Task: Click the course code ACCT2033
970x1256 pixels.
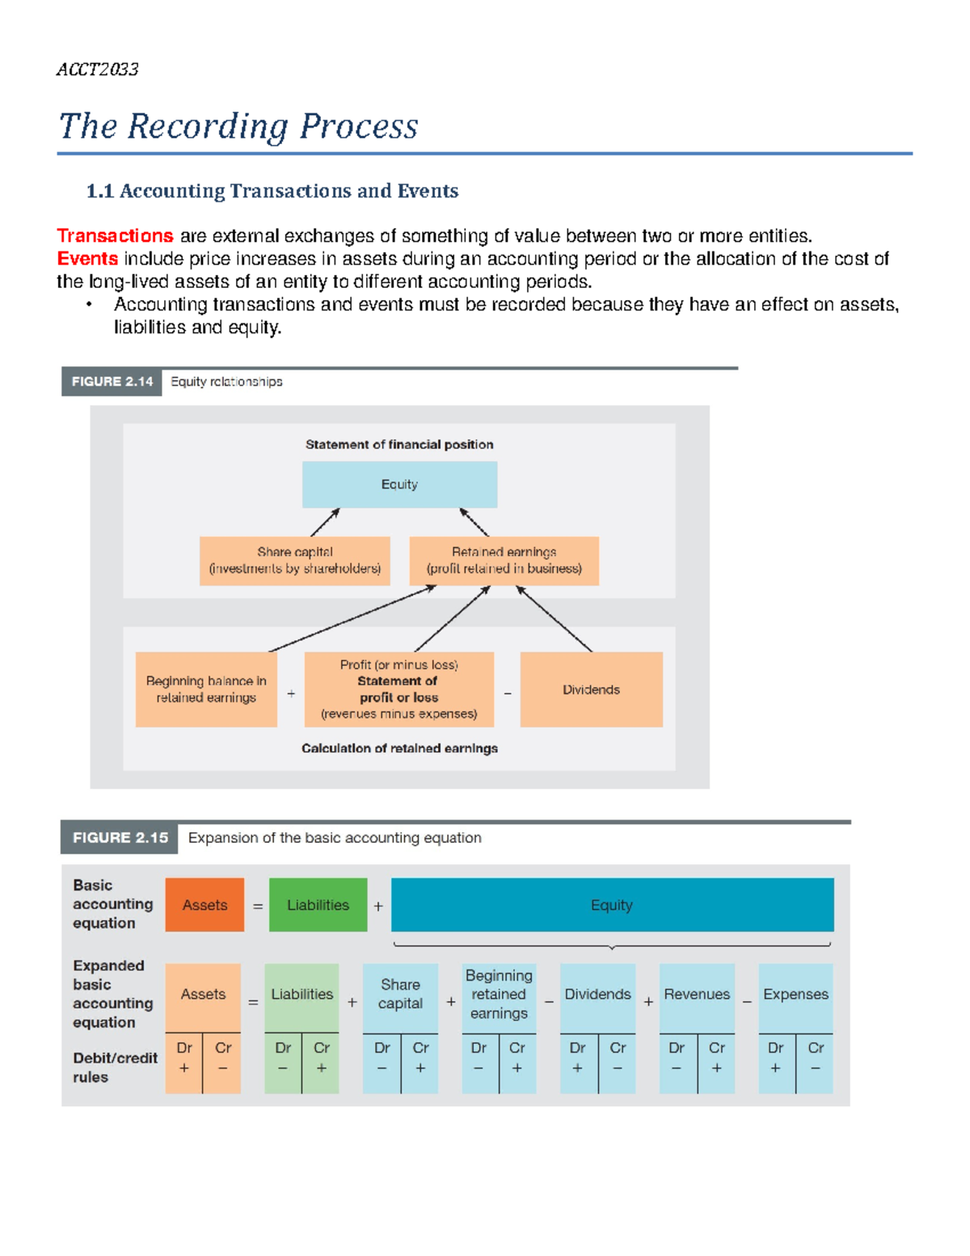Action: tap(97, 70)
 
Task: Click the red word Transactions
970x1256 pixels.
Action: tap(115, 236)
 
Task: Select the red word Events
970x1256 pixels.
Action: tap(87, 259)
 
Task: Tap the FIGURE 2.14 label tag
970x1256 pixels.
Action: tap(112, 382)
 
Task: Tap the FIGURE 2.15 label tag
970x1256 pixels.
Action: tap(120, 838)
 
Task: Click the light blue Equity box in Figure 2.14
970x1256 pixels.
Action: tap(399, 484)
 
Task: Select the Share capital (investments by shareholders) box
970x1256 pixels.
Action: tap(294, 560)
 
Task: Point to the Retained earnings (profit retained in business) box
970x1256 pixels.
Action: tap(504, 560)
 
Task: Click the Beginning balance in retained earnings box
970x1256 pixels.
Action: tap(206, 689)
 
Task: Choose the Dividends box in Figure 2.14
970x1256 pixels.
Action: tap(591, 690)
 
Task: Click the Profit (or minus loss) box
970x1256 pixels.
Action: tap(399, 689)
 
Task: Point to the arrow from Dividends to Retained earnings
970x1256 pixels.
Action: tap(555, 619)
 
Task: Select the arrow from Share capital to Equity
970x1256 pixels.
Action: tap(325, 522)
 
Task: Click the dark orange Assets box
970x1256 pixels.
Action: tap(205, 905)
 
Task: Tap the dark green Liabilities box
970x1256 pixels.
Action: tap(318, 905)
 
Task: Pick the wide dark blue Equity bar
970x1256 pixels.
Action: tap(612, 905)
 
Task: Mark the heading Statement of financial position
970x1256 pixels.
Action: tap(399, 445)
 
